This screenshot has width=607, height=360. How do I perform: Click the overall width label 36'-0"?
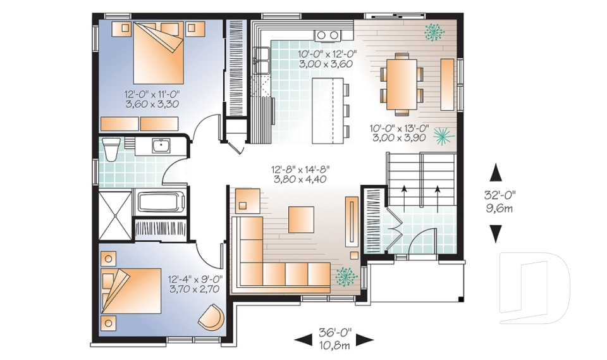coord(335,333)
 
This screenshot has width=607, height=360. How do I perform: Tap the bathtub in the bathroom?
coord(161,203)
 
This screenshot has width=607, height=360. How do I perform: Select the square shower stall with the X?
coord(116,213)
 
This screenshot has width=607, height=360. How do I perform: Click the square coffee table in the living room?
coord(301,220)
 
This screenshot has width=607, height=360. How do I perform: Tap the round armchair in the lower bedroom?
coord(212,316)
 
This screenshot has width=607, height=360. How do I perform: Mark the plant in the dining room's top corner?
coord(434,30)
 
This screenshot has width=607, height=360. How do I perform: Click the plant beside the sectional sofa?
coord(345,276)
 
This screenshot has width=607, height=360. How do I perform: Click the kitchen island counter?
coord(329,110)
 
